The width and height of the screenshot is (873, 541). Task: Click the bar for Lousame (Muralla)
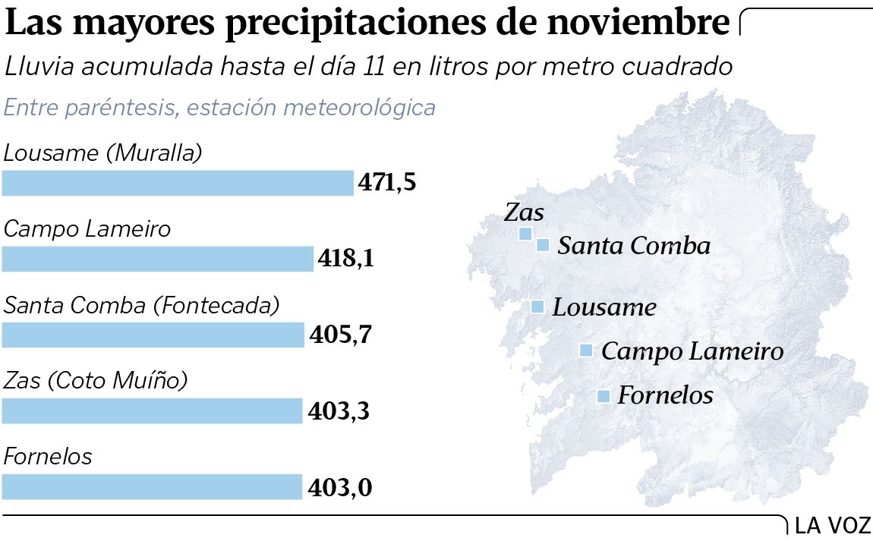point(178,184)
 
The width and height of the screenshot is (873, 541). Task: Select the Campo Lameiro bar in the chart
point(157,259)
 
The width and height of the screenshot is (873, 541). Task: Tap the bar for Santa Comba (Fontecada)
point(153,335)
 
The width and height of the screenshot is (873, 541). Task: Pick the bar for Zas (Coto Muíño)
point(152,411)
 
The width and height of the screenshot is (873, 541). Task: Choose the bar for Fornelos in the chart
point(152,487)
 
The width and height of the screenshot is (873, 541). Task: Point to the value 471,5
point(388,184)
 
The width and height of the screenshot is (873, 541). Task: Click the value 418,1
point(346,259)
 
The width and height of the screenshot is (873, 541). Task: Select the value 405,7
point(341,335)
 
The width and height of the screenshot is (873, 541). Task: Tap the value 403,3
point(340,411)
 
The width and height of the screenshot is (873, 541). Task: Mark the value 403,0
point(340,487)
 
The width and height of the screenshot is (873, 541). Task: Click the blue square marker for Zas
point(525,234)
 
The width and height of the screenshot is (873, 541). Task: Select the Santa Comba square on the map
point(543,245)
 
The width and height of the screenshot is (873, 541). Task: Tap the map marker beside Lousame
point(537,307)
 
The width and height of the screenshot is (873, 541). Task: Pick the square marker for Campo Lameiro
point(586,351)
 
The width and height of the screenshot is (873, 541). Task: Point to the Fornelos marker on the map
point(604,396)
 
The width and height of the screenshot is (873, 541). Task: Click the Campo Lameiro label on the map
point(692,351)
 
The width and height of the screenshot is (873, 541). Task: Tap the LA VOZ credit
point(833,525)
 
